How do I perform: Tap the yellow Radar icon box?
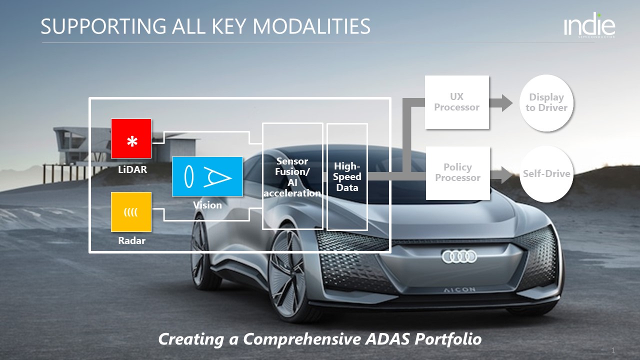click(131, 211)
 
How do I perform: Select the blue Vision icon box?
click(207, 176)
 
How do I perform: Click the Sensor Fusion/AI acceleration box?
click(292, 176)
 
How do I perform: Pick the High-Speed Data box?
click(347, 176)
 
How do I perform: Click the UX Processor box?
click(456, 102)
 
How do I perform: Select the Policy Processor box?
click(457, 173)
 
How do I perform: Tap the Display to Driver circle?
click(546, 103)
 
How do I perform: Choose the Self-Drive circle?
click(546, 174)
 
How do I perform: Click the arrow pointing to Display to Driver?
click(501, 103)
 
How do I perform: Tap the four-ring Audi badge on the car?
click(459, 257)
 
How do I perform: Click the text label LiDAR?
click(132, 169)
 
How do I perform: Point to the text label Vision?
click(207, 205)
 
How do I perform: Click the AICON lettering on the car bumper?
click(460, 289)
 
